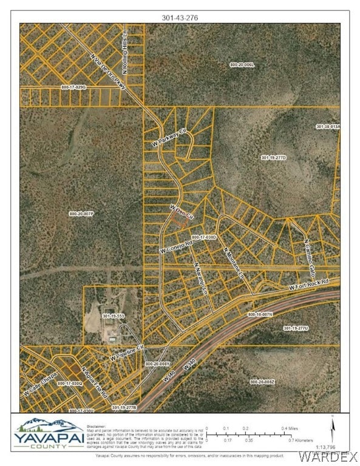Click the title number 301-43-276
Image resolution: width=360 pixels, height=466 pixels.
click(180, 18)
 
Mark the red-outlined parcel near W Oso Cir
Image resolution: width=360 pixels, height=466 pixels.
click(177, 221)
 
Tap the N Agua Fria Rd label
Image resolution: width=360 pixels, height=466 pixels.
click(94, 384)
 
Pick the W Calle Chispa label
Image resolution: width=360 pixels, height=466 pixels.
click(41, 383)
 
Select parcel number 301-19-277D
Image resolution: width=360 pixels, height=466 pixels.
click(290, 157)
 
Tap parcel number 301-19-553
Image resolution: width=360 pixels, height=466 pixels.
click(113, 316)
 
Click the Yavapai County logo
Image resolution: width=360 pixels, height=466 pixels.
click(49, 434)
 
